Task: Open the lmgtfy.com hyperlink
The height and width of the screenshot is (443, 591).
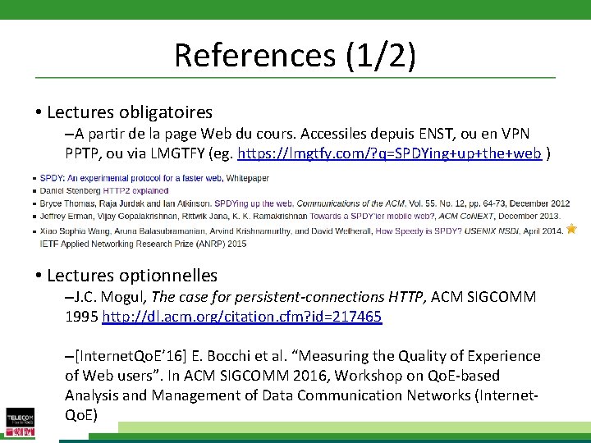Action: click(389, 153)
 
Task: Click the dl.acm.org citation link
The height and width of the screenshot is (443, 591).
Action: click(242, 316)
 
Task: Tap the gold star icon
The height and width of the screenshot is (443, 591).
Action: click(571, 230)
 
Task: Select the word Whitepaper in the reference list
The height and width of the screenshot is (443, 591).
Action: click(247, 177)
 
